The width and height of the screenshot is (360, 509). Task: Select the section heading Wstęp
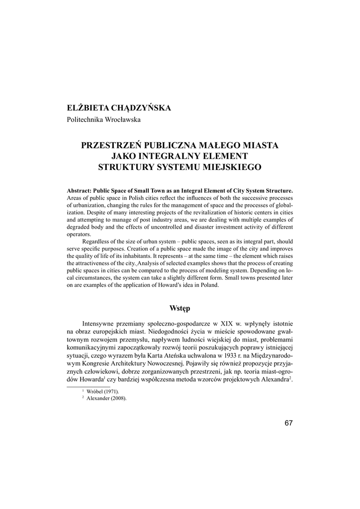(x=180, y=308)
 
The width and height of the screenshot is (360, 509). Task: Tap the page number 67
(x=289, y=423)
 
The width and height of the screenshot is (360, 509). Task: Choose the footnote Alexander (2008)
(x=106, y=398)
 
